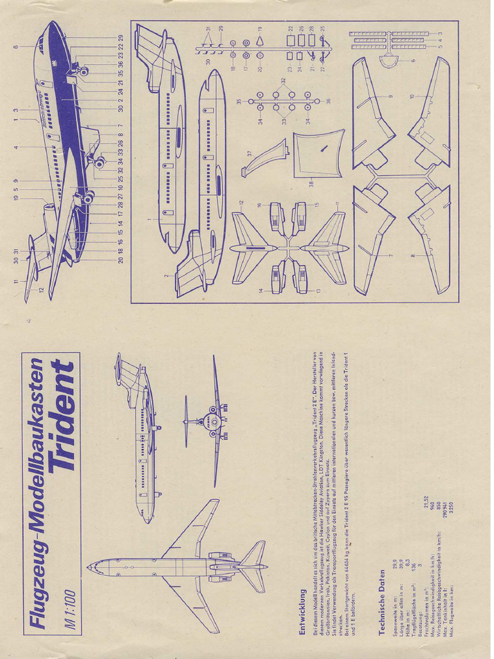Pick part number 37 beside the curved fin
coord(249,153)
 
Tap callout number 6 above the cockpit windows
coord(14,46)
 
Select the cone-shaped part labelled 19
coord(259,41)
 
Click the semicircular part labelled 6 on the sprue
coord(389,62)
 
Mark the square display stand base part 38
coord(318,153)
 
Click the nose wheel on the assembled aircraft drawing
coord(84,71)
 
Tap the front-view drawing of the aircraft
coord(212,422)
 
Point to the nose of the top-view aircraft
coord(90,566)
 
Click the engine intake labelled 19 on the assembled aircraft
coord(49,210)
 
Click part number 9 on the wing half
coord(390,97)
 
